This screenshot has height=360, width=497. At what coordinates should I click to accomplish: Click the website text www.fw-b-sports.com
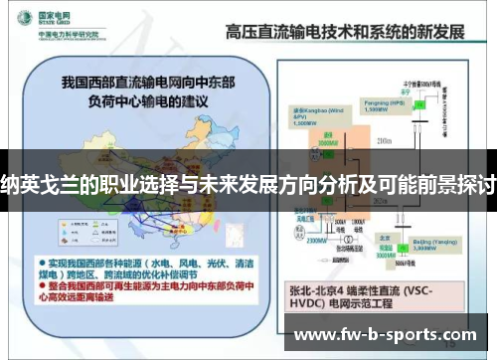click(x=387, y=334)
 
